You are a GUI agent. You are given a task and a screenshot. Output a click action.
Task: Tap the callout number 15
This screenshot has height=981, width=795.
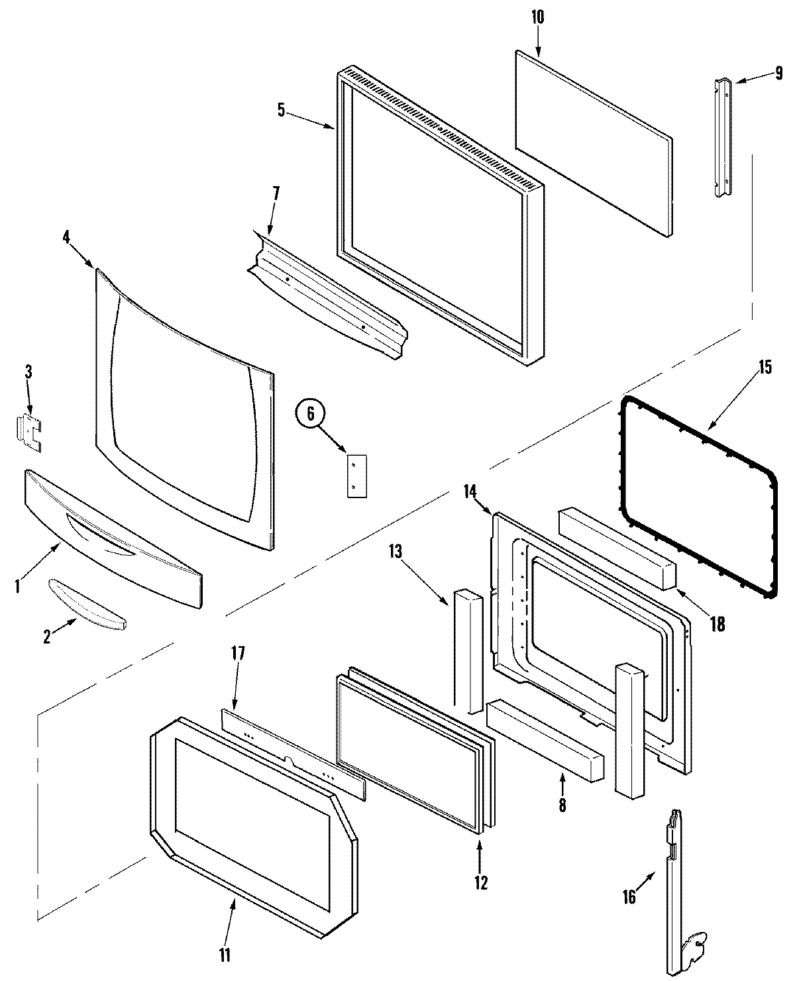point(765,367)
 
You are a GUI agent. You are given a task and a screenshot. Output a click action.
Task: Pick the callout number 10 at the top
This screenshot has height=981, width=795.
point(537,17)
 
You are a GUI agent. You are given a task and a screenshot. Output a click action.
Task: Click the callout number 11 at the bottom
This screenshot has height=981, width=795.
point(225,955)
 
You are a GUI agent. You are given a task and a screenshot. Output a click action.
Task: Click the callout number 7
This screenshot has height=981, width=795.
point(275,194)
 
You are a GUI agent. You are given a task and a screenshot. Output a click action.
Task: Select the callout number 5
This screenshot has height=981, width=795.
point(282,110)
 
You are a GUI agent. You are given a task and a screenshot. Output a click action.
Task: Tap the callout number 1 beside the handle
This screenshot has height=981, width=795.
point(18,586)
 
